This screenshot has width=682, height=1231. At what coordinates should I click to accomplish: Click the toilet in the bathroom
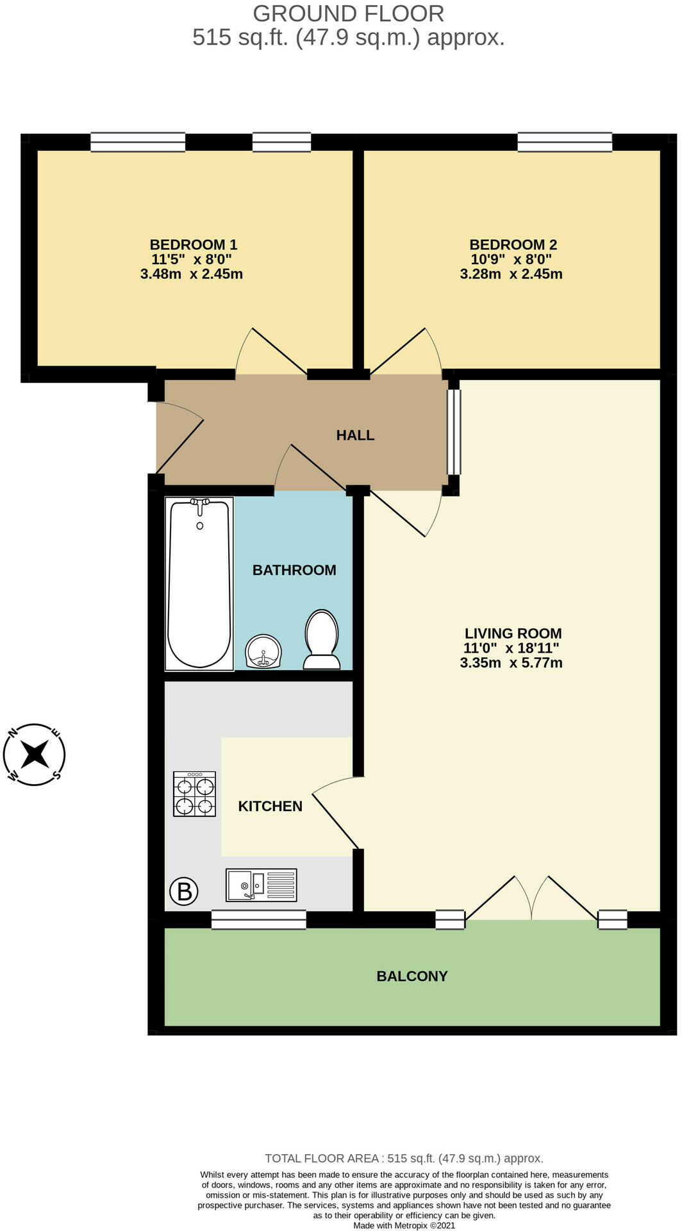[322, 639]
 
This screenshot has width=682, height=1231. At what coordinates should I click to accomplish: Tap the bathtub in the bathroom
[199, 583]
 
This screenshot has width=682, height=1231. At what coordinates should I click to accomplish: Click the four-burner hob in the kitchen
[194, 794]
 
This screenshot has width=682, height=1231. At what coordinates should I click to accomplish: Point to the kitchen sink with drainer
[262, 885]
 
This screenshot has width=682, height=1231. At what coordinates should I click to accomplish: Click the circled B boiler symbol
[184, 891]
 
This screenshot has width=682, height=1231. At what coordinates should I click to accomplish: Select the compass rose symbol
[35, 754]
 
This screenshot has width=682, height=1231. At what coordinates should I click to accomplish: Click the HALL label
[355, 435]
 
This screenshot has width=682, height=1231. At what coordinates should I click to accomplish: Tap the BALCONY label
[412, 976]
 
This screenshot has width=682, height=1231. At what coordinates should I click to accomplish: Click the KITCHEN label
[270, 807]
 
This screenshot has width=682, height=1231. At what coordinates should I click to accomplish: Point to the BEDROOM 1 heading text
[193, 244]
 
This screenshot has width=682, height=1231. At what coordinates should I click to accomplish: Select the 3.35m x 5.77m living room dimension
[511, 663]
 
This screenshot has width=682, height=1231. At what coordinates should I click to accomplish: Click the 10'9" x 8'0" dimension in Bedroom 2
[511, 260]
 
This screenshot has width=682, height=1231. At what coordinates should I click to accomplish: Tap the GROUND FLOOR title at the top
[348, 13]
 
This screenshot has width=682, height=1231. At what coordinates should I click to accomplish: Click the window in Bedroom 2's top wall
[565, 142]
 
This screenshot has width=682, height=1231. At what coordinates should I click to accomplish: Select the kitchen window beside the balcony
[258, 919]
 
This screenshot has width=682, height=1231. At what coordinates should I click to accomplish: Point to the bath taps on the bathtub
[201, 505]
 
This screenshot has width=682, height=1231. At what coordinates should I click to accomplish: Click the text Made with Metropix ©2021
[404, 1225]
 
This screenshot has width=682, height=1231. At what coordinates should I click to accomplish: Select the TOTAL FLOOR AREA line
[404, 1159]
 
